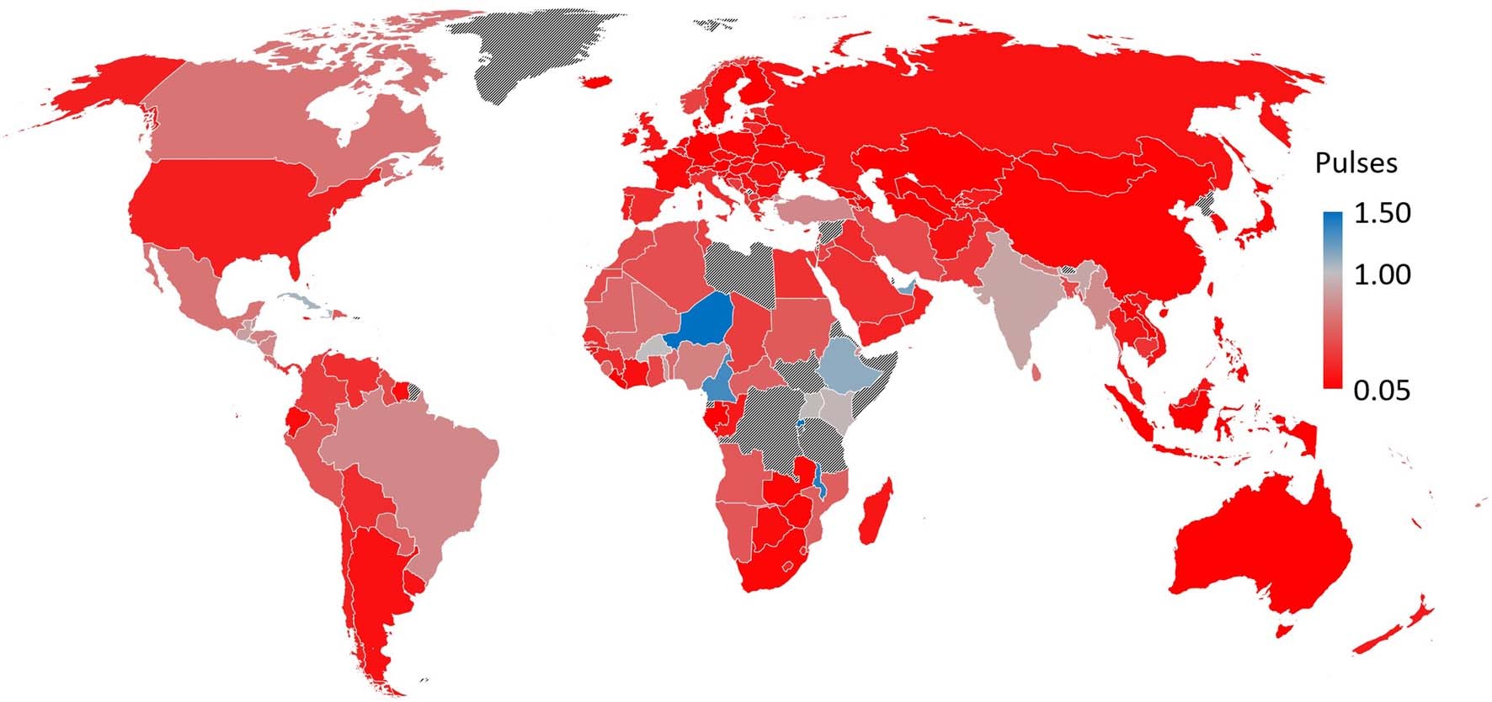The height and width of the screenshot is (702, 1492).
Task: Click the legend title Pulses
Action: coord(1356,162)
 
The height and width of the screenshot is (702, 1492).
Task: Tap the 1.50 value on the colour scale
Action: coord(1382,213)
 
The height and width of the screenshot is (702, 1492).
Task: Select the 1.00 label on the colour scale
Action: coord(1382,274)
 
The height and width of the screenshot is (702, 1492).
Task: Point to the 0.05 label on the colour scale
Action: coord(1382,391)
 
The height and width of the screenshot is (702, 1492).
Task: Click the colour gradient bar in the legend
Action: coord(1332,300)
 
